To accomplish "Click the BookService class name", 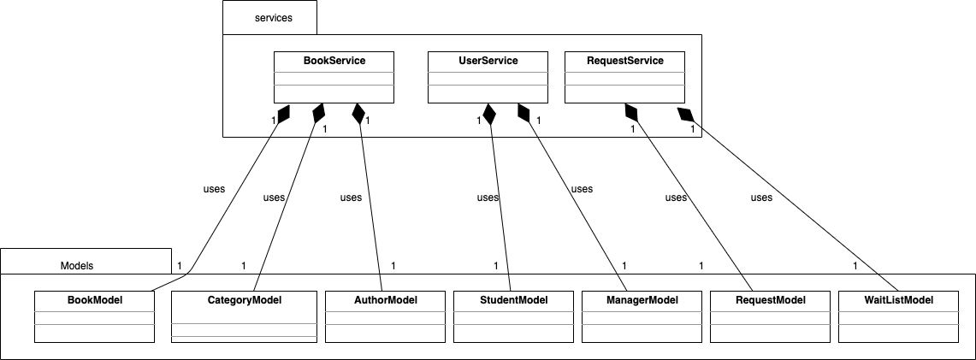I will (334, 62).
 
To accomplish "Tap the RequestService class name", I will (624, 62).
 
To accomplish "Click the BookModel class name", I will (94, 300).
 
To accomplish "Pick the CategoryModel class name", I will (244, 300).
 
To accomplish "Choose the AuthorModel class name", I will (385, 300).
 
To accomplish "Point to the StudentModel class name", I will (513, 300).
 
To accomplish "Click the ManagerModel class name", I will (642, 300).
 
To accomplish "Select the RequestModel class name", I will (770, 300).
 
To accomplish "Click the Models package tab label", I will (77, 266).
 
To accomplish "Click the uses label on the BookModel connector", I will (214, 189).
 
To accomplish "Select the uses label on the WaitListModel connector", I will (761, 198).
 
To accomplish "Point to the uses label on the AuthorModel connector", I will (351, 198).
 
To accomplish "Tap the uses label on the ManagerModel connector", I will (582, 189).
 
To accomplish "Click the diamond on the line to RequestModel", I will (632, 112).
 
